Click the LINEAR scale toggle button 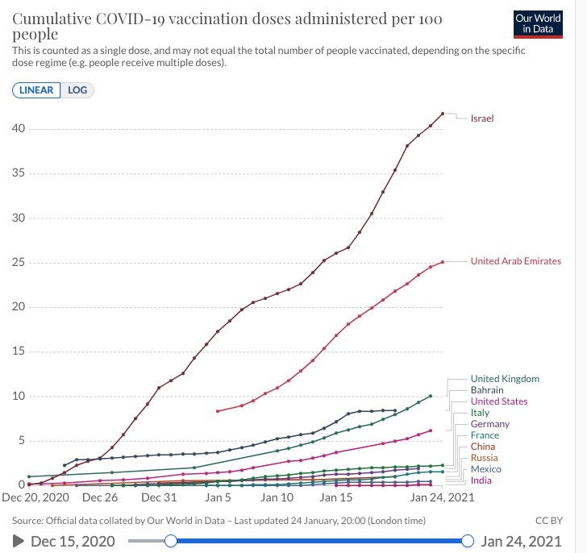(x=37, y=89)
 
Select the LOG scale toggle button (x=77, y=89)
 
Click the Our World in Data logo (x=538, y=24)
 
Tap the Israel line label (x=482, y=118)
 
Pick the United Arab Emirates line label (x=515, y=261)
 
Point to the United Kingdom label (x=505, y=379)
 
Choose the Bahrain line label (x=487, y=390)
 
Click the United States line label (x=499, y=401)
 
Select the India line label (x=481, y=480)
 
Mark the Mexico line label (x=485, y=469)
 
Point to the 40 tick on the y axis (x=17, y=129)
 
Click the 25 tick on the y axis (x=17, y=263)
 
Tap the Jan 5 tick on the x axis (x=218, y=497)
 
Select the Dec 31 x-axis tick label (x=159, y=497)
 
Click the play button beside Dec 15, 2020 (x=19, y=541)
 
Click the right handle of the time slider (x=468, y=541)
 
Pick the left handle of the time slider (x=170, y=541)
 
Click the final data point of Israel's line (x=443, y=114)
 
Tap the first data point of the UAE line (x=218, y=411)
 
